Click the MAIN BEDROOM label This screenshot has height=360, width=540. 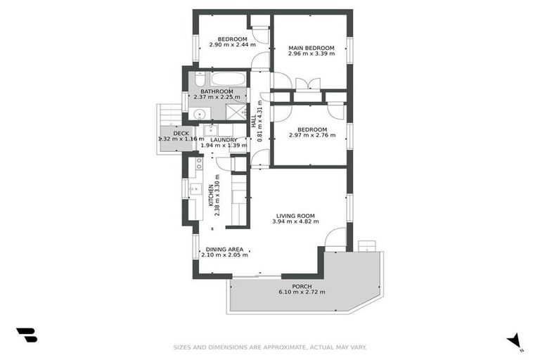coord(310,49)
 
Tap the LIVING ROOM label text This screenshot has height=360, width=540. coord(294,216)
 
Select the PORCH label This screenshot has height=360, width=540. coord(302,286)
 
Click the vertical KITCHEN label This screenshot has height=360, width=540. coord(210,193)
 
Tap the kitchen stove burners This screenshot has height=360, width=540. coord(199,164)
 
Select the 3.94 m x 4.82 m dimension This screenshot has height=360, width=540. coord(294,222)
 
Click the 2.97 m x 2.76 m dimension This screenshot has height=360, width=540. coord(311,136)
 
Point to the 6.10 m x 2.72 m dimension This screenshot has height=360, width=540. coord(302,292)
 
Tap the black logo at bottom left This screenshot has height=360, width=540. coord(27,335)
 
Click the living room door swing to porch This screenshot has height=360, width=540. coord(336,239)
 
